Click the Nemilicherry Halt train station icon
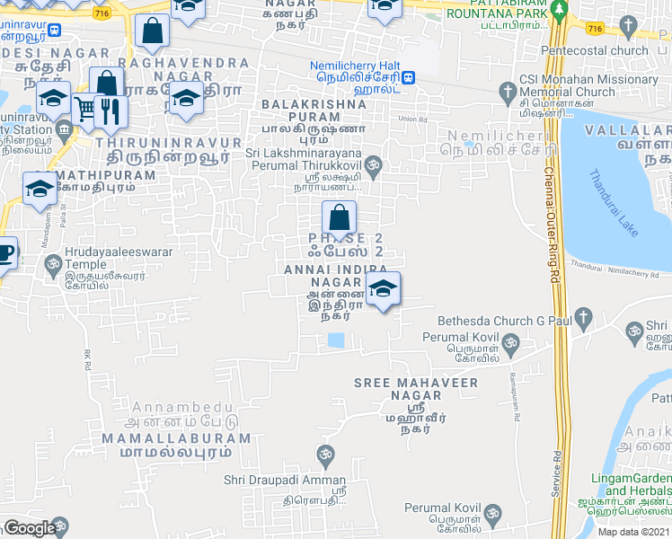[x=409, y=78]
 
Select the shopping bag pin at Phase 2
[x=339, y=217]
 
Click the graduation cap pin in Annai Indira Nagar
[x=383, y=289]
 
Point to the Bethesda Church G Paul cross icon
[x=584, y=316]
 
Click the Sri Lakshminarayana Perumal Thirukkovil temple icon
[x=376, y=164]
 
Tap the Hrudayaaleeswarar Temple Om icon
[x=52, y=266]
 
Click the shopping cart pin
[x=85, y=110]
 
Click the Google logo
[x=30, y=528]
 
